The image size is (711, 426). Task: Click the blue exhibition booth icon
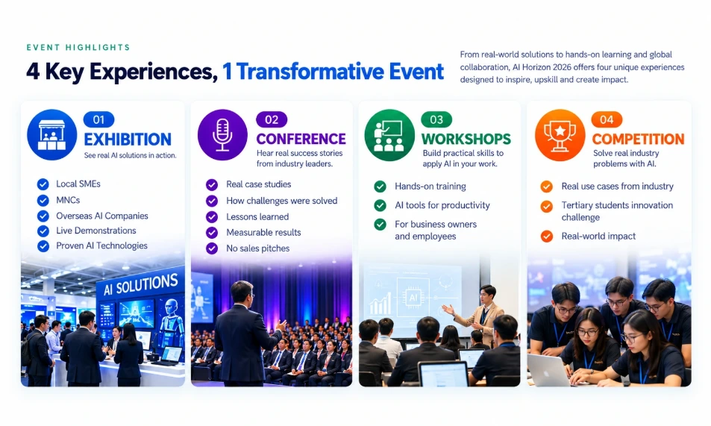[x=51, y=135]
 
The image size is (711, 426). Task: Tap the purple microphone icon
[x=222, y=135]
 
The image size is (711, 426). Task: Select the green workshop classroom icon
[x=389, y=135]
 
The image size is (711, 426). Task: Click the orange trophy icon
[x=560, y=135]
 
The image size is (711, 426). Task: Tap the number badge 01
[x=98, y=120]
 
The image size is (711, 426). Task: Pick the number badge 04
[x=607, y=120]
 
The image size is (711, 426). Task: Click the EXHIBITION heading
[x=128, y=140]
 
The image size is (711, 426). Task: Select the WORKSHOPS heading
[x=466, y=139]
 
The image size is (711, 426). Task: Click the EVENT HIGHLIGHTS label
[x=78, y=47]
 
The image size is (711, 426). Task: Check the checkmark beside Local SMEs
[x=43, y=184]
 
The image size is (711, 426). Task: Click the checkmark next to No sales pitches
[x=212, y=248]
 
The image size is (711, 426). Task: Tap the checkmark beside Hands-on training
[x=380, y=187]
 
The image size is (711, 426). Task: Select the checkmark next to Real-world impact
[x=547, y=237]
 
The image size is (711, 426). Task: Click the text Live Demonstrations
[x=96, y=231]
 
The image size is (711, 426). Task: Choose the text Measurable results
[x=263, y=232]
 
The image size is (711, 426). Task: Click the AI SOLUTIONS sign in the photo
[x=140, y=285]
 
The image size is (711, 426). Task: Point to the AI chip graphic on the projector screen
[x=413, y=298]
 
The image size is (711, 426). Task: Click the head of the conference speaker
[x=242, y=292]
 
